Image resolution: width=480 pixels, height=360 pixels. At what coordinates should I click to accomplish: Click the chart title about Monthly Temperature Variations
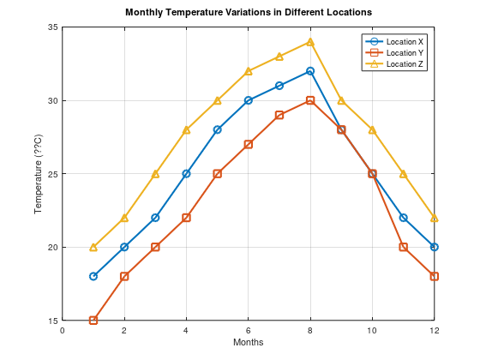pyautogui.click(x=249, y=13)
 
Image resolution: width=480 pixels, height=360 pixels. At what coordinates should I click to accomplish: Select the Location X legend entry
pyautogui.click(x=404, y=41)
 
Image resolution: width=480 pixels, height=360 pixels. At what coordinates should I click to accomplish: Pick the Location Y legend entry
pyautogui.click(x=404, y=52)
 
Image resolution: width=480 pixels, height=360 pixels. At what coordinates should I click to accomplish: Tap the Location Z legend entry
pyautogui.click(x=404, y=63)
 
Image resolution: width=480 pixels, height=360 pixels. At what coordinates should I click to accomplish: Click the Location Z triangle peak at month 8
pyautogui.click(x=310, y=42)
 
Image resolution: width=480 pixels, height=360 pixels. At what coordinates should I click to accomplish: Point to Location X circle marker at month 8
pyautogui.click(x=310, y=71)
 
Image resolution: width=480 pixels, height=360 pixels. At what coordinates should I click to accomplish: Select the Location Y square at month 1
pyautogui.click(x=93, y=321)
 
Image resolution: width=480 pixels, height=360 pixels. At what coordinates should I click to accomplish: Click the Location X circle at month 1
pyautogui.click(x=93, y=276)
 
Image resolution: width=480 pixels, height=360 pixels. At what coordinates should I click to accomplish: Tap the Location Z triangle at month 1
pyautogui.click(x=93, y=247)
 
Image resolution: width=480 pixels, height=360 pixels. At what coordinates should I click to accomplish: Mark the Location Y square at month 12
pyautogui.click(x=435, y=276)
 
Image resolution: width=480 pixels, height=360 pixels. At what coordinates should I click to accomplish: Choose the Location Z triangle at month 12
pyautogui.click(x=435, y=218)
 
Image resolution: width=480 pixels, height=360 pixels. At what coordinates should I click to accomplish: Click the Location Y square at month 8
pyautogui.click(x=310, y=100)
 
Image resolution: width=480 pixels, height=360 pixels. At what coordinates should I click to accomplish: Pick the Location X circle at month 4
pyautogui.click(x=186, y=173)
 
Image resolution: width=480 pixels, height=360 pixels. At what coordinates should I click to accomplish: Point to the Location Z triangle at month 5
pyautogui.click(x=218, y=100)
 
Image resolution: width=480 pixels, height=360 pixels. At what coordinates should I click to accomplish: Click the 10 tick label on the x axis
pyautogui.click(x=372, y=330)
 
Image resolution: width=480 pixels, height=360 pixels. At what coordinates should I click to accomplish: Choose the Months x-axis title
pyautogui.click(x=249, y=342)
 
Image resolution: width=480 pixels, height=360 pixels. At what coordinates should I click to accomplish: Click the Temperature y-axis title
pyautogui.click(x=38, y=174)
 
